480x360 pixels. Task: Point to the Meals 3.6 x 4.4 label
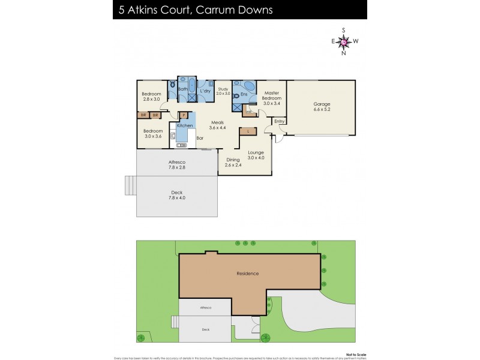point(217,125)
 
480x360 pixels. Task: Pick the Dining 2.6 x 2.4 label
point(233,162)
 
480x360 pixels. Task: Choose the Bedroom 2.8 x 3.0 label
point(152,97)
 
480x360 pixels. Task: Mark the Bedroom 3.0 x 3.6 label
point(153,134)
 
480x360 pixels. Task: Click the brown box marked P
point(184,115)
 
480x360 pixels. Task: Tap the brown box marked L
point(248,131)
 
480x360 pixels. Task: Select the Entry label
point(279,122)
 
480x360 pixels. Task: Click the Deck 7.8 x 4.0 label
point(176,195)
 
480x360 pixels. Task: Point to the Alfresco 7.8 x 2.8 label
point(176,165)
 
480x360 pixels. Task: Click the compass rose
point(344,41)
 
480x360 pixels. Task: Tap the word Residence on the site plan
point(247,274)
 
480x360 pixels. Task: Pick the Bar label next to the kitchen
point(200,139)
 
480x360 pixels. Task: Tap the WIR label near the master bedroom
point(247,112)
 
